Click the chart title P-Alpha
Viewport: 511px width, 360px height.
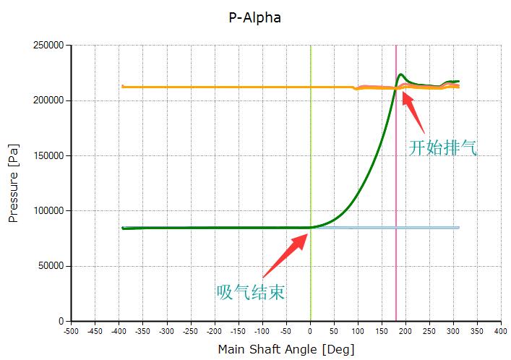pyautogui.click(x=255, y=18)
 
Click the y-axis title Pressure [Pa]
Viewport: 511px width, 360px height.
pyautogui.click(x=14, y=183)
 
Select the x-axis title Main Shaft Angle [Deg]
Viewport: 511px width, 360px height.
pyautogui.click(x=286, y=349)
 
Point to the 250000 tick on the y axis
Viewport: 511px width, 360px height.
pyautogui.click(x=48, y=46)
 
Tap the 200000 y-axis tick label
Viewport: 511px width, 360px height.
pyautogui.click(x=48, y=100)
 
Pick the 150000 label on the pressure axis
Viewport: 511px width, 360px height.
pyautogui.click(x=48, y=155)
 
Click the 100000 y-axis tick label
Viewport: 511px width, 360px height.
pyautogui.click(x=48, y=211)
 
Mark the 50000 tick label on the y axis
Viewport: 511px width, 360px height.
pyautogui.click(x=51, y=266)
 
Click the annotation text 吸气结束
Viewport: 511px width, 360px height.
pyautogui.click(x=250, y=292)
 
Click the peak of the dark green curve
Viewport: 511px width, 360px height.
pyautogui.click(x=401, y=74)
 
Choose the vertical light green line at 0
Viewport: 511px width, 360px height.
pyautogui.click(x=311, y=145)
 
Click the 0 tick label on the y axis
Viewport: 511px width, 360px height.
pyautogui.click(x=61, y=321)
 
